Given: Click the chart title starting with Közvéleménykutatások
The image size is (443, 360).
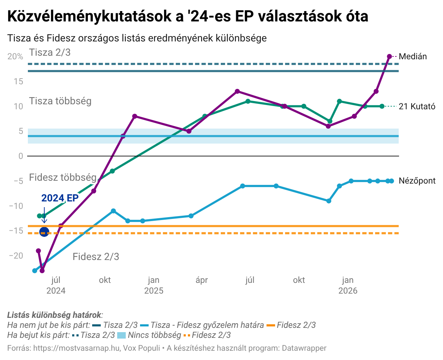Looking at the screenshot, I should [188, 17].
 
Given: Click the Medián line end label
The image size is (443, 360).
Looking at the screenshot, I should [413, 56].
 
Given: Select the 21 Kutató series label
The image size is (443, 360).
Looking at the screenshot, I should [417, 106].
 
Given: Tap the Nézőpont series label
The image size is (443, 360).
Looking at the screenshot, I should [417, 181].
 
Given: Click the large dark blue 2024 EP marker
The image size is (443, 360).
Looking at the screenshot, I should [44, 232].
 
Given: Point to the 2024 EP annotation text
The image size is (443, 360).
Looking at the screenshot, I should [60, 198].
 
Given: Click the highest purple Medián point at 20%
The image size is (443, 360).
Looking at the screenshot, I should [389, 56].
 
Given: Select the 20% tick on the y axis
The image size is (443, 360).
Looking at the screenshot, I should [15, 57].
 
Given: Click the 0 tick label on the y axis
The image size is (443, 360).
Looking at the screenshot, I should [21, 156].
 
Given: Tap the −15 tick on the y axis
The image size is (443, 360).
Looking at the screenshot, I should [16, 231].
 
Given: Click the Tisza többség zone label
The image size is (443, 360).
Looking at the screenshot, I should [60, 101].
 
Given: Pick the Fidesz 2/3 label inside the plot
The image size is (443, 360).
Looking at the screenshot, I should [96, 257].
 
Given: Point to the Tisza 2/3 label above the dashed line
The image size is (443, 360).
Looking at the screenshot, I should [50, 52].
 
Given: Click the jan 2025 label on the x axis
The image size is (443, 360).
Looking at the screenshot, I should [154, 285].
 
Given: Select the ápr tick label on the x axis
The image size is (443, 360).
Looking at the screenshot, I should [202, 280].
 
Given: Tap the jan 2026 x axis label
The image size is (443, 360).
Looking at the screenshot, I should [348, 285].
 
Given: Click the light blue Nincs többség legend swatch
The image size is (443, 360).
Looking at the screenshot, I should [122, 335].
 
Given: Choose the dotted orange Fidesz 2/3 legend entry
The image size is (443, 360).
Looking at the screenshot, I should [207, 335].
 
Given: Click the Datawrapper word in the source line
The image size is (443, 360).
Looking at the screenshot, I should [304, 348].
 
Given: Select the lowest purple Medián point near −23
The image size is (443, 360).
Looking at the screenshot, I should [42, 271].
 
